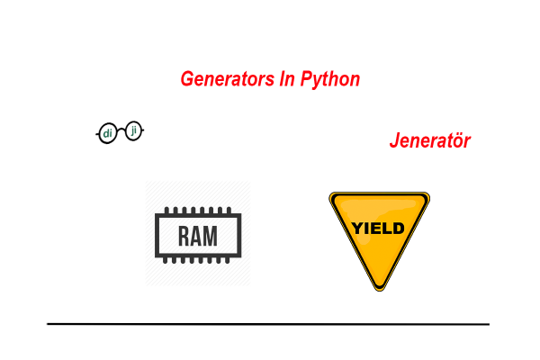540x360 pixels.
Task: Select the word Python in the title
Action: click(329, 80)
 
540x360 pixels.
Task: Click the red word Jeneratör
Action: click(429, 141)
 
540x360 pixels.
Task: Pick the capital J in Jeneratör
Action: click(394, 141)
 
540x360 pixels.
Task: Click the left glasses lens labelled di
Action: click(108, 134)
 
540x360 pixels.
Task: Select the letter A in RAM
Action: click(198, 237)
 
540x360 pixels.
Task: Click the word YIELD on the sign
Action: click(379, 227)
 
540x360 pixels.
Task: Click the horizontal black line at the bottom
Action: click(268, 323)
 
